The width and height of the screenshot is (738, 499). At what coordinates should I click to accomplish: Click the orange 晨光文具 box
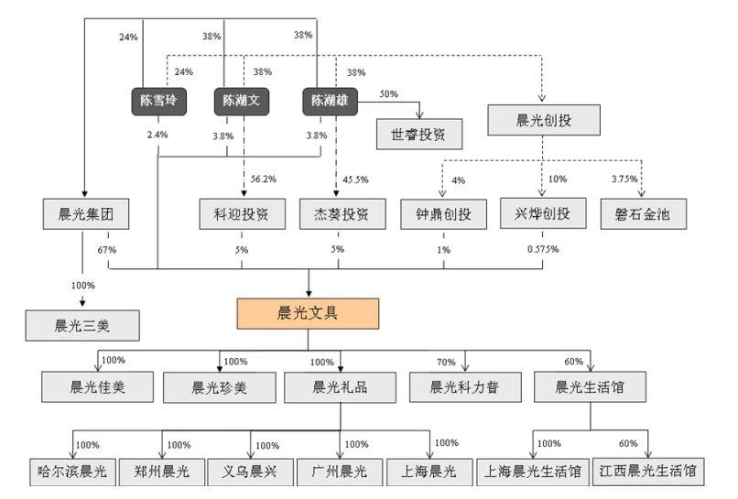(308, 313)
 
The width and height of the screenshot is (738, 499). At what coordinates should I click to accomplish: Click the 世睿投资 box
(419, 134)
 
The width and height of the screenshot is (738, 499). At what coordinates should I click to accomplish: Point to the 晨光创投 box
(544, 118)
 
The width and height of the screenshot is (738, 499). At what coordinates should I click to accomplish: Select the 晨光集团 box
(84, 214)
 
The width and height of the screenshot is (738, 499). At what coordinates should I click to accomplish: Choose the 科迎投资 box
(242, 214)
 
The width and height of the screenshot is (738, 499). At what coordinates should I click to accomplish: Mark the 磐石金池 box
(643, 214)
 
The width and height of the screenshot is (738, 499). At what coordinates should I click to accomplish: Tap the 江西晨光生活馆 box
(648, 472)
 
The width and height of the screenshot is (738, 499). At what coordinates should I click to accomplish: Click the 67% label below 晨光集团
(107, 248)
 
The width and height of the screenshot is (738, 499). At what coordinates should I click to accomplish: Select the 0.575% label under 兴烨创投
(543, 248)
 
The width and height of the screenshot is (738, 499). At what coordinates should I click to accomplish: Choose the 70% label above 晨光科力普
(445, 362)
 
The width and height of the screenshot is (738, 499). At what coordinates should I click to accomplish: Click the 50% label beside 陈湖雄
(388, 95)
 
